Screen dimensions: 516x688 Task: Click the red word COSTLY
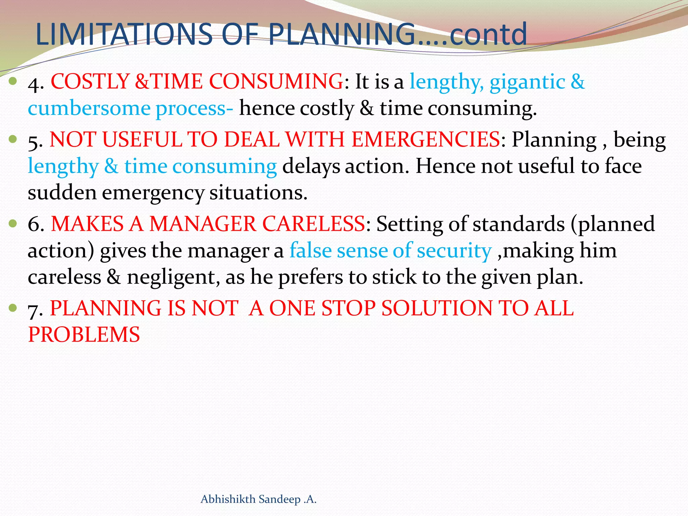(90, 82)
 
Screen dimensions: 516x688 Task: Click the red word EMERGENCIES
(426, 139)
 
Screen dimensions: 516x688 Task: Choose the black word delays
(311, 167)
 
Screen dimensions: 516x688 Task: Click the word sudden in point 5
(62, 193)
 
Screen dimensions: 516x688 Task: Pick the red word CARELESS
(313, 224)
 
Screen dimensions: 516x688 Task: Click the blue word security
(454, 251)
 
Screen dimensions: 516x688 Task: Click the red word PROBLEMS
(84, 335)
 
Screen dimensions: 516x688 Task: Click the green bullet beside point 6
(13, 223)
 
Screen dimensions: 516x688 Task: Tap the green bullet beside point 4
(13, 81)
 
